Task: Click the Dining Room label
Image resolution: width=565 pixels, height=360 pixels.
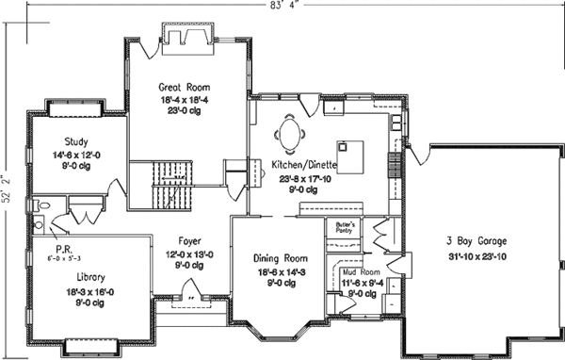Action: point(282,257)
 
